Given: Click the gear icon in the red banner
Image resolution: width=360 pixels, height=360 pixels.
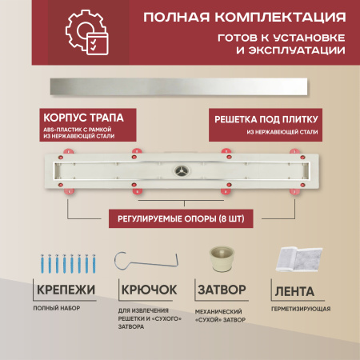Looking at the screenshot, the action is click(80, 30).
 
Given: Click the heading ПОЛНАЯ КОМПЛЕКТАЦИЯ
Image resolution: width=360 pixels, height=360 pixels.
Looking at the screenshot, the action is click(245, 17).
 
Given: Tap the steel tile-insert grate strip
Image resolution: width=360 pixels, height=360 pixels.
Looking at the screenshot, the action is click(178, 86).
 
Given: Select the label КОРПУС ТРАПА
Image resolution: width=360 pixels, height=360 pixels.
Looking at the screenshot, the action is click(83, 118).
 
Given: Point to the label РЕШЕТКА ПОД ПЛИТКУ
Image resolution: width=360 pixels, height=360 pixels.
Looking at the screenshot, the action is click(266, 119).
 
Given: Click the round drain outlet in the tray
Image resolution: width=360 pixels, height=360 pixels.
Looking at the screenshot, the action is click(182, 170).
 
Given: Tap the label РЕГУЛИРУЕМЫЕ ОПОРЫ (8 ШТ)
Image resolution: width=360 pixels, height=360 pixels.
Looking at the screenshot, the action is click(181, 219).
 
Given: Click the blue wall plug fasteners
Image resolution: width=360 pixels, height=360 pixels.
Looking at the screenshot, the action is click(68, 263).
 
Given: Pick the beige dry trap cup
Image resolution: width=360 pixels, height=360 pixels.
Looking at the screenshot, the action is click(222, 259).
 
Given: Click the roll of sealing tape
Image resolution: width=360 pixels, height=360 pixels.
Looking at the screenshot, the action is click(298, 259).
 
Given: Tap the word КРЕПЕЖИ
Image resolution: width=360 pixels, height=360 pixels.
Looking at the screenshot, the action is click(66, 290).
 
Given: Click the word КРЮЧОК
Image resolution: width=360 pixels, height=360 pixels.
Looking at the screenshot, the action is click(149, 290).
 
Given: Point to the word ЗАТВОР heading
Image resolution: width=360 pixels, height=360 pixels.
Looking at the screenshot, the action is click(222, 290).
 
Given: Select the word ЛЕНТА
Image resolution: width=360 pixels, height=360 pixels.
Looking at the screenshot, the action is click(294, 291).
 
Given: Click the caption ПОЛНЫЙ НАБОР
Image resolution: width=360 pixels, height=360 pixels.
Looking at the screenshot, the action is click(57, 308).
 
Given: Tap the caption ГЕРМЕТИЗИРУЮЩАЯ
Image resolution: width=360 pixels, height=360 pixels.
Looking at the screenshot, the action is click(301, 309).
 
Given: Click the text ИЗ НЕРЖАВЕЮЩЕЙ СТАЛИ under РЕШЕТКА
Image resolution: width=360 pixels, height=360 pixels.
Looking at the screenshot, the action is click(282, 132).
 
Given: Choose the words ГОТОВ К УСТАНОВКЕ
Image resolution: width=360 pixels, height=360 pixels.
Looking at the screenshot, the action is click(282, 38).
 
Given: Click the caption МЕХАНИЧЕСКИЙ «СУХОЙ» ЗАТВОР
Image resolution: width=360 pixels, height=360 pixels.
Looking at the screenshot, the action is click(220, 316).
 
